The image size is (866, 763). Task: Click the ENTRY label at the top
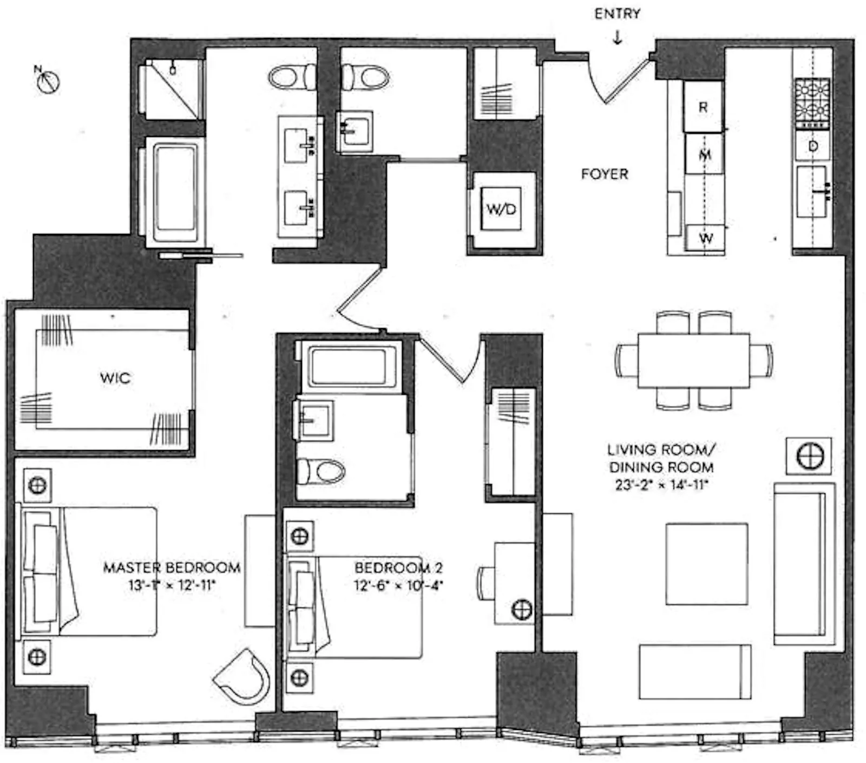[617, 14]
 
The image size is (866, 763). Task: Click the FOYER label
[605, 174]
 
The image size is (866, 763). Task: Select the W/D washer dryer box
[501, 209]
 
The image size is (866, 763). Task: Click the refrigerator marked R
[703, 107]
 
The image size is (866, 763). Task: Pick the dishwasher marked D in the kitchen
[812, 146]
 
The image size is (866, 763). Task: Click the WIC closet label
[115, 377]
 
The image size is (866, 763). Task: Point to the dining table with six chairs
[694, 360]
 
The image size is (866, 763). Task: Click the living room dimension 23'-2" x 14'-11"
[661, 485]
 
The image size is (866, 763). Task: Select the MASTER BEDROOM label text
[172, 568]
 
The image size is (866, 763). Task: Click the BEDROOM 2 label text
[398, 568]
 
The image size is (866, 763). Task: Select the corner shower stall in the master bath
[171, 89]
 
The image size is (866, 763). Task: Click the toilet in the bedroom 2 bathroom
[323, 471]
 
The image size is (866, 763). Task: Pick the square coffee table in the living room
[707, 564]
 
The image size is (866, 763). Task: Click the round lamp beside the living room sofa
[810, 455]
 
